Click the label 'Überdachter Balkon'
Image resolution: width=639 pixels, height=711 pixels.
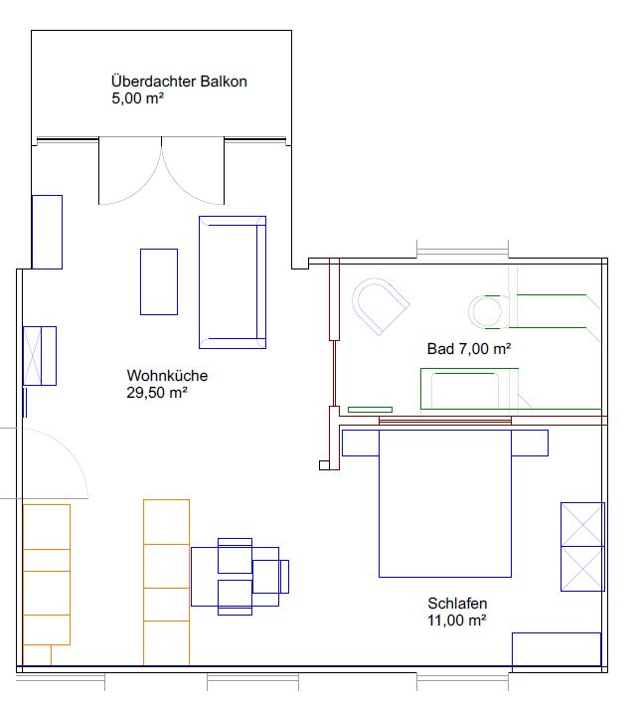click(179, 82)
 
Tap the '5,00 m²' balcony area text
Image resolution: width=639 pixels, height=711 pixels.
click(137, 97)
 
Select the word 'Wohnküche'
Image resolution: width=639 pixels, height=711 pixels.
click(167, 376)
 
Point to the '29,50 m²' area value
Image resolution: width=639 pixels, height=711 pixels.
click(157, 393)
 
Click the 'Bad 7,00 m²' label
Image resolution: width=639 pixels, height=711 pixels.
click(469, 349)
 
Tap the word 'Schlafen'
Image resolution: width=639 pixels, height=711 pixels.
click(457, 603)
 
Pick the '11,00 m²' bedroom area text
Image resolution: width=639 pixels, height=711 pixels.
click(457, 620)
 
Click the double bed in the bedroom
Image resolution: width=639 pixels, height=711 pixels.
click(445, 503)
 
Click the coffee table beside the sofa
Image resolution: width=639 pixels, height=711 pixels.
click(159, 281)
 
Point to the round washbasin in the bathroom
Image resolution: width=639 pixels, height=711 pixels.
click(485, 311)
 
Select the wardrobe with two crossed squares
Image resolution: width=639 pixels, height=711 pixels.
click(582, 546)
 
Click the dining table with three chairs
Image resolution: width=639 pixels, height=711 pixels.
click(235, 577)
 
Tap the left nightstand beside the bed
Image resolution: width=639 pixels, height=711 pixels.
click(361, 443)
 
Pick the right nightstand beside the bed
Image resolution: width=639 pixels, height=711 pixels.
click(530, 443)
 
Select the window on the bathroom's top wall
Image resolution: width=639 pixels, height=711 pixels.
click(462, 251)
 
